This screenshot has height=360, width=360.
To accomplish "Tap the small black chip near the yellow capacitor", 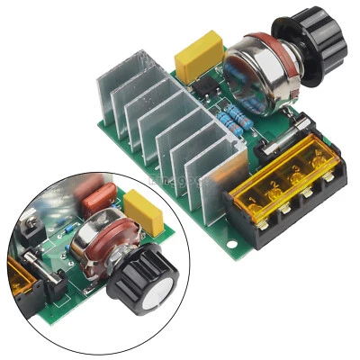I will click(x=204, y=88).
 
